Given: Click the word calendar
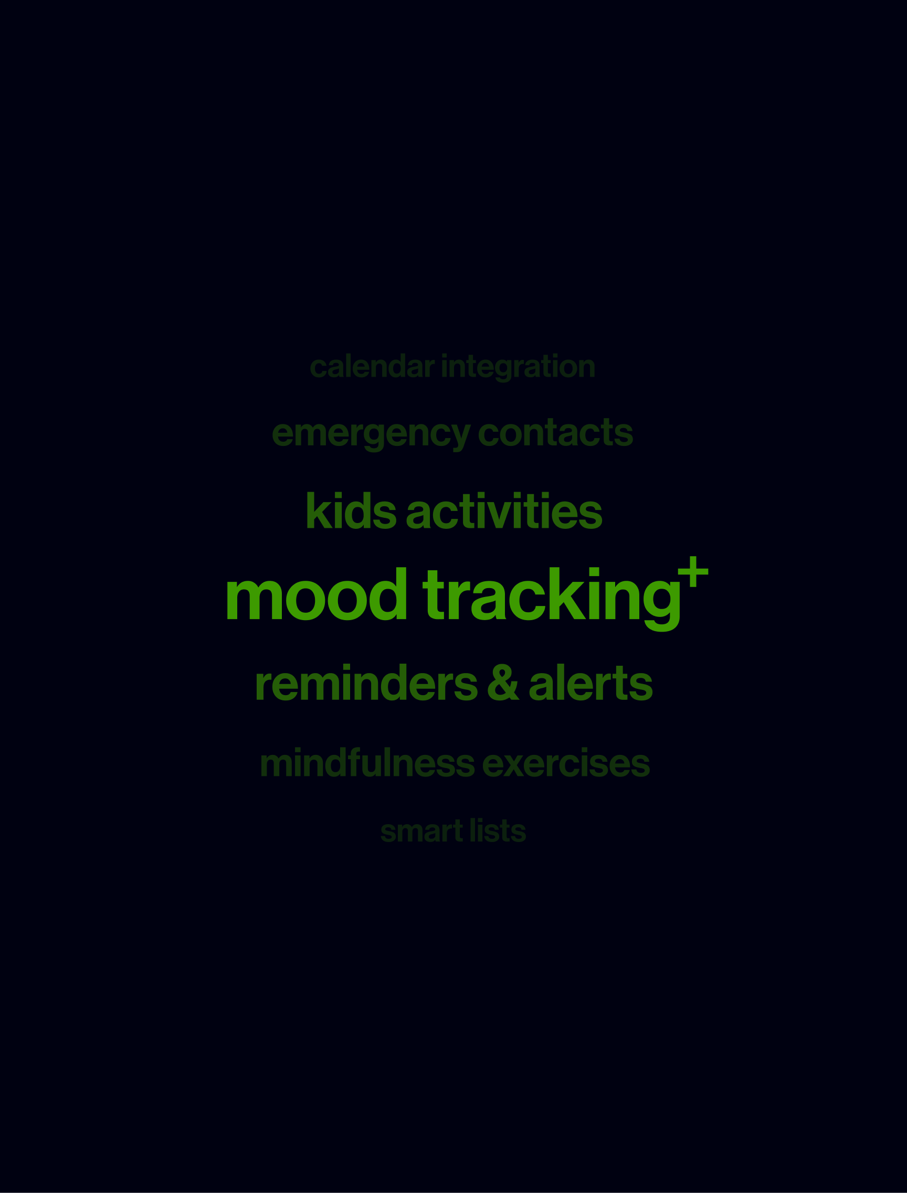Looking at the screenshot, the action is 373,367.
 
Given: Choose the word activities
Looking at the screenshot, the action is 504,510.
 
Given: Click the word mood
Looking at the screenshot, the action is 317,593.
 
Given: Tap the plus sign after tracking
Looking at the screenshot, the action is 693,571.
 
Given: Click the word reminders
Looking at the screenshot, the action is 366,682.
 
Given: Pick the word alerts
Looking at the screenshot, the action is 590,682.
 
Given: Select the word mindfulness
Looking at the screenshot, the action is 367,763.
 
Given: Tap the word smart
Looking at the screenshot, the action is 421,832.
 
